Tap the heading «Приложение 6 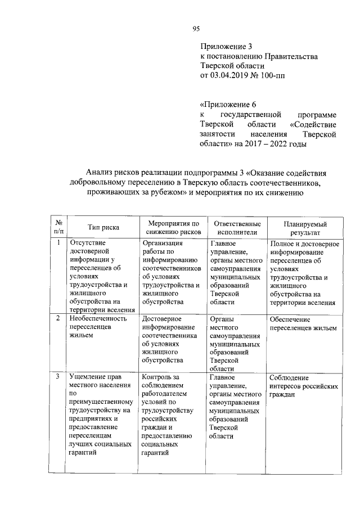(228, 105)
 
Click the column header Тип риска (103, 228)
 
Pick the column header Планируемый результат (304, 228)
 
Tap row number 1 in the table (58, 243)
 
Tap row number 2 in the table (58, 318)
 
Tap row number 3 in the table (58, 376)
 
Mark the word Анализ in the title (99, 173)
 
